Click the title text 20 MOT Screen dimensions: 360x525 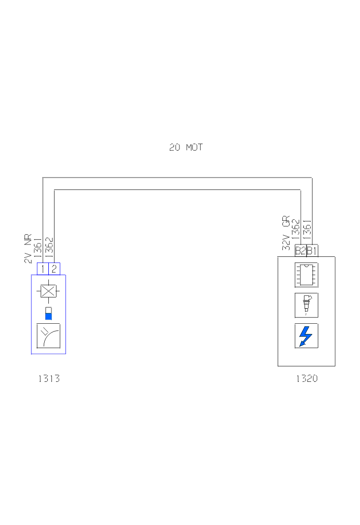click(186, 147)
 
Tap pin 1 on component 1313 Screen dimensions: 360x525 click(43, 269)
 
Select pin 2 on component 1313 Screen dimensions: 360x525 click(54, 269)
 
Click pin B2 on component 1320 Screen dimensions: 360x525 click(300, 251)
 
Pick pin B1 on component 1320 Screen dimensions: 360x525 click(312, 251)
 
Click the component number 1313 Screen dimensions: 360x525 click(49, 379)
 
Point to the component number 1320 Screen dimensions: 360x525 click(307, 379)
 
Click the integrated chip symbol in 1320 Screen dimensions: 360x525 click(306, 275)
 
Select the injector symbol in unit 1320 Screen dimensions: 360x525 click(306, 305)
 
